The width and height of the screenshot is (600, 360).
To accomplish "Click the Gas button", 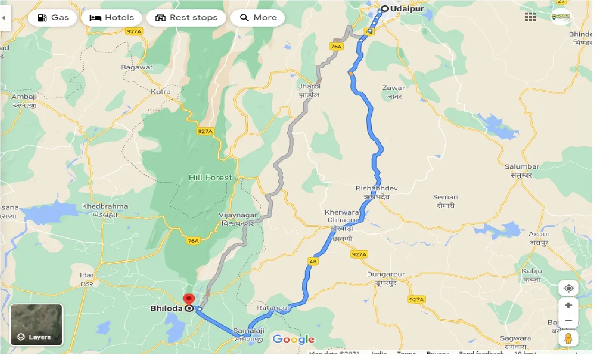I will pos(52,18).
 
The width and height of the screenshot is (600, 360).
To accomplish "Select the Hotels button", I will pos(112,18).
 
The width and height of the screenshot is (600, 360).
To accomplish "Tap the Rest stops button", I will pos(186,18).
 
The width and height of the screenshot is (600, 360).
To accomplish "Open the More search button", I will pos(258,18).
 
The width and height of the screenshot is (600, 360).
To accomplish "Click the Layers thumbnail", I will pos(36,324).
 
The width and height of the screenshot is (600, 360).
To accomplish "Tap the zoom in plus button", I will pos(568,305).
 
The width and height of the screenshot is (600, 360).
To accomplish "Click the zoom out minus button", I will pos(568,321).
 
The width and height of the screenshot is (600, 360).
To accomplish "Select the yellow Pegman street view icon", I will pos(568,338).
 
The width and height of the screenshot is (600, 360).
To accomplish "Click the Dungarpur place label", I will pos(386,274).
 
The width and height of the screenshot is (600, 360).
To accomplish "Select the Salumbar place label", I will pos(521,167).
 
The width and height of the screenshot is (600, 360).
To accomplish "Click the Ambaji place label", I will pos(24,97).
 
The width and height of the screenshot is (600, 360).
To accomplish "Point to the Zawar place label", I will pos(393,88).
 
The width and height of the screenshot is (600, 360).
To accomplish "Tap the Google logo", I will pos(293,339).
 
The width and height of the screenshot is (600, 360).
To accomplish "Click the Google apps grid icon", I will pos(530,17).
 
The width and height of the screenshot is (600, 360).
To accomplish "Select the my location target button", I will pos(568,288).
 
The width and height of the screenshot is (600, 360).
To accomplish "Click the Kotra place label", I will pos(161,92).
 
